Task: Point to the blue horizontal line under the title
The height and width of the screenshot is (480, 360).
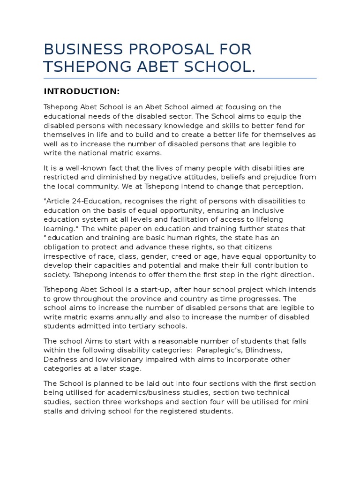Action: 180,78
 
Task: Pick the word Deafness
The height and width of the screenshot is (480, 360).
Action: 61,359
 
